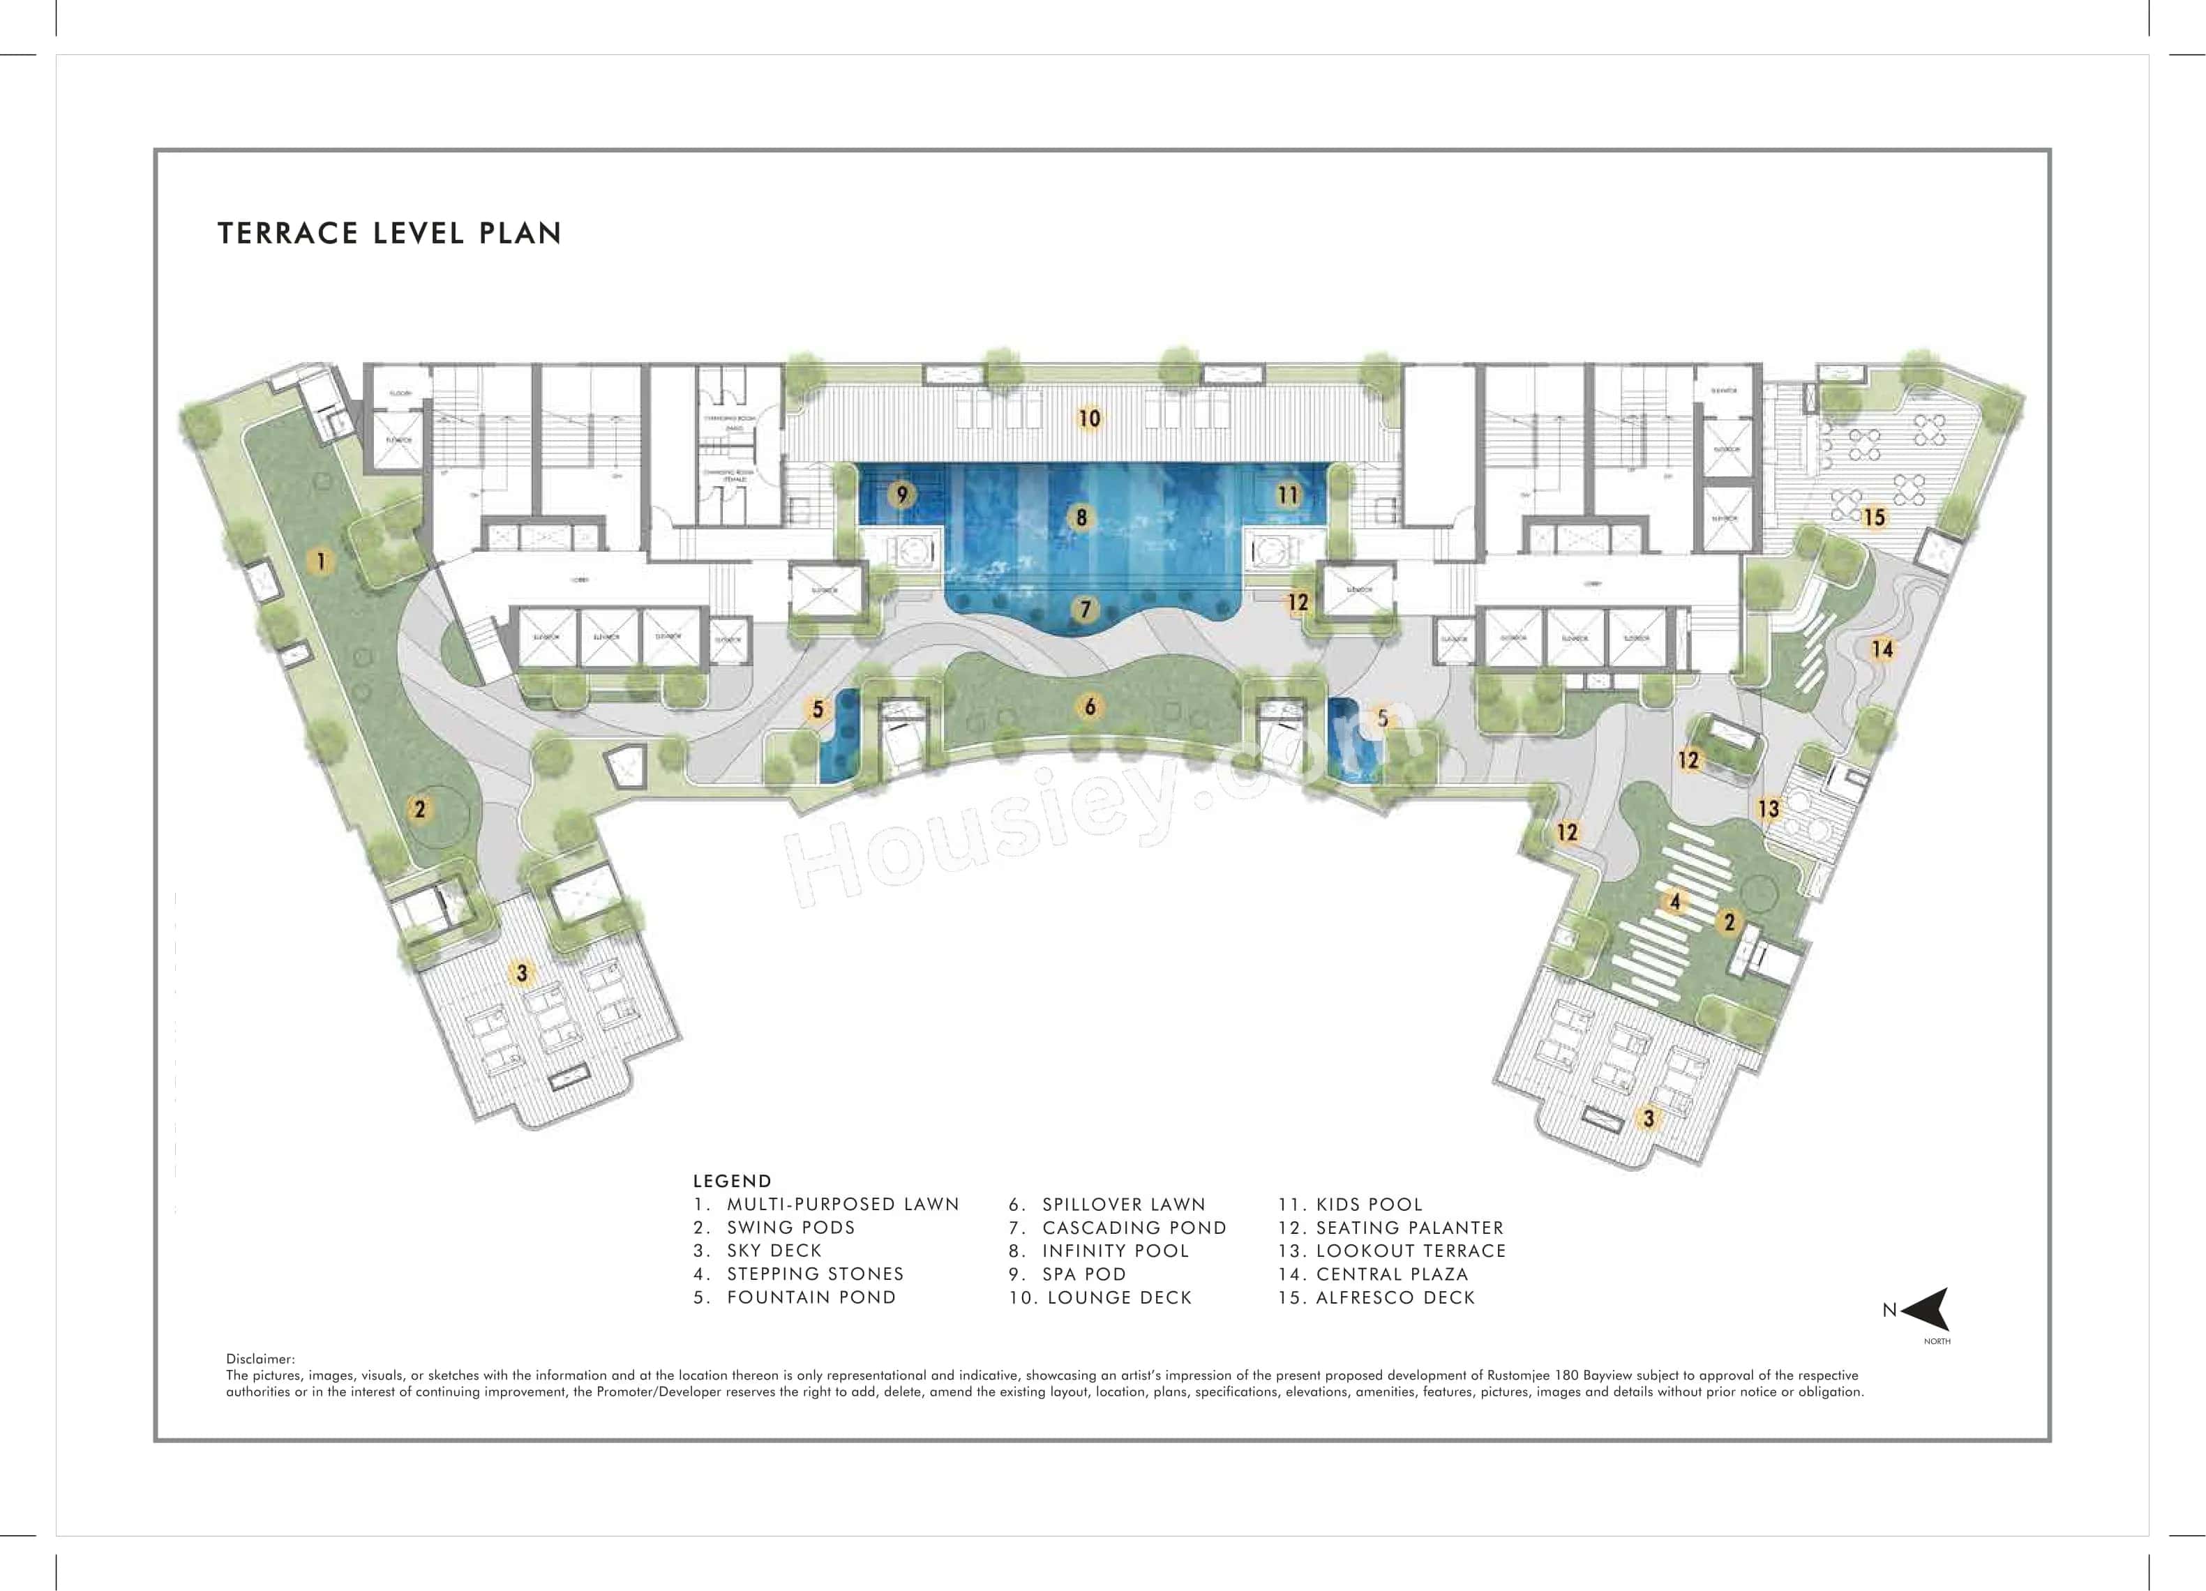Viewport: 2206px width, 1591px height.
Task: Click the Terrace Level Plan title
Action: pos(389,234)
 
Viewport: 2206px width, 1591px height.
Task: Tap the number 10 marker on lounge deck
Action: pos(1089,419)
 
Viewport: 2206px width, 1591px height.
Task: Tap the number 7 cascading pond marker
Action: pos(1086,610)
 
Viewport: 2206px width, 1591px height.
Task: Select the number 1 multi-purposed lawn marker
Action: pos(320,560)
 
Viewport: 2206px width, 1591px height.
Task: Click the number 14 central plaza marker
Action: pos(1882,648)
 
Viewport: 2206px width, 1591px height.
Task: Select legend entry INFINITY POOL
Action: pos(1115,1251)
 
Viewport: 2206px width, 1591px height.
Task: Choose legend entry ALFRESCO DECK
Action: pos(1394,1297)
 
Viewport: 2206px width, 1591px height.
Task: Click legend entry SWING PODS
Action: pos(790,1228)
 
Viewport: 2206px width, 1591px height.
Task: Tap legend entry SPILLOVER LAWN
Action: pos(1123,1204)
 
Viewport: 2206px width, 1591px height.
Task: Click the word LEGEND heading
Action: pos(731,1181)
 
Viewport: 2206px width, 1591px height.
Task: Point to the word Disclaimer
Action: pos(260,1359)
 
